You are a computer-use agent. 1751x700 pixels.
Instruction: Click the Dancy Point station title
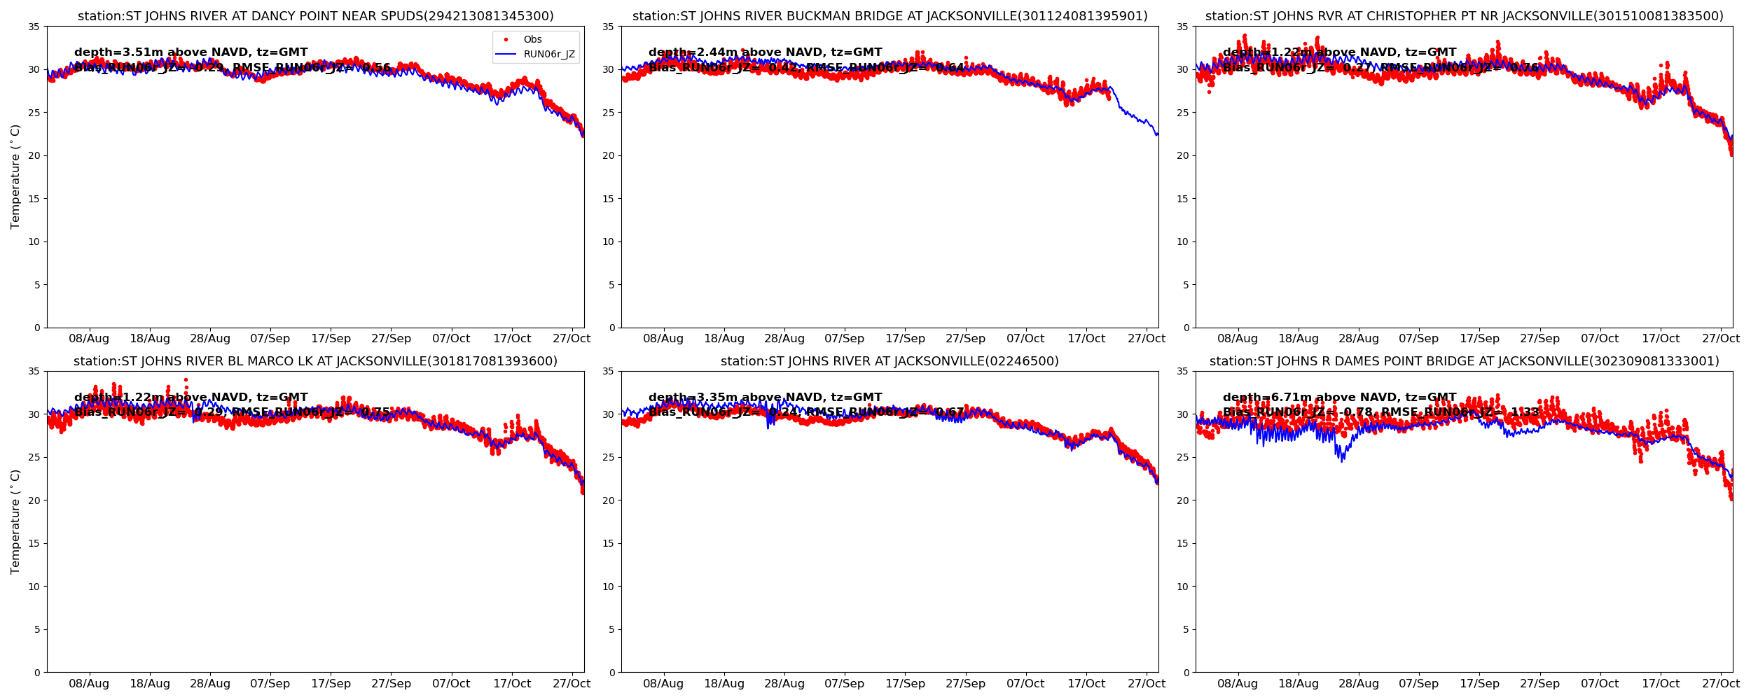pyautogui.click(x=315, y=16)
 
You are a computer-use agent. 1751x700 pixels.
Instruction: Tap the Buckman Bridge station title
pyautogui.click(x=890, y=16)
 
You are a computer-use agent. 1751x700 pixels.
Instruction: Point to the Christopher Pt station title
pyautogui.click(x=1464, y=16)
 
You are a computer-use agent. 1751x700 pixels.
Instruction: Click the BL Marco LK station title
pyautogui.click(x=315, y=361)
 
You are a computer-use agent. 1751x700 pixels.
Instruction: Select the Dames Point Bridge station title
pyautogui.click(x=1464, y=361)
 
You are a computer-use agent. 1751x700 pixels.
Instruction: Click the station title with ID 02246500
pyautogui.click(x=890, y=361)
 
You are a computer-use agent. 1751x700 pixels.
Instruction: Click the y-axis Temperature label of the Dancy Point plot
pyautogui.click(x=15, y=176)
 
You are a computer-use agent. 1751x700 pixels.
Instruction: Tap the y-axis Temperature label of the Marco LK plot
pyautogui.click(x=15, y=521)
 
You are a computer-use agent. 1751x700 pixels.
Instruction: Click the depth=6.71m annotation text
pyautogui.click(x=1339, y=398)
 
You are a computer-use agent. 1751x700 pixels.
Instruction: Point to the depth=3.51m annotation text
pyautogui.click(x=191, y=52)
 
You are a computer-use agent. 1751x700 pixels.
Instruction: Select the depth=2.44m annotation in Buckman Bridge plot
pyautogui.click(x=765, y=52)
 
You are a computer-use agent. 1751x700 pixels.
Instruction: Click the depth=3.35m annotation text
pyautogui.click(x=765, y=398)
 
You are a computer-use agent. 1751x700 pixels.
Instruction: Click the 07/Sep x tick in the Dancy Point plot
pyautogui.click(x=270, y=339)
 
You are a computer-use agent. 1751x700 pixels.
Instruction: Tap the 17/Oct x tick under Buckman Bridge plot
pyautogui.click(x=1086, y=339)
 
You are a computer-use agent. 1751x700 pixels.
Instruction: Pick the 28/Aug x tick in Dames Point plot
pyautogui.click(x=1359, y=684)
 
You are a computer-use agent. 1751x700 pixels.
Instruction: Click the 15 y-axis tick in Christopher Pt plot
pyautogui.click(x=1183, y=199)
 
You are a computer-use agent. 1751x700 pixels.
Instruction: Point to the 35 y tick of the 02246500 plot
pyautogui.click(x=609, y=372)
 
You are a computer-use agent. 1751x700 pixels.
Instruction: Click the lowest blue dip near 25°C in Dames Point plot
pyautogui.click(x=1342, y=461)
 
